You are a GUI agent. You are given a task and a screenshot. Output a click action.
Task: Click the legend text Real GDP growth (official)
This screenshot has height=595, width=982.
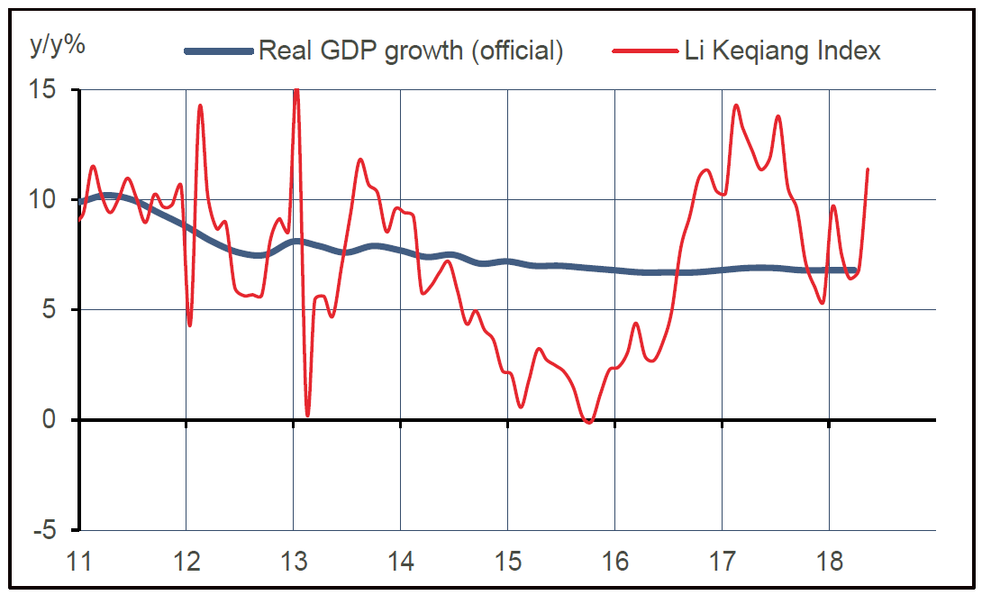tap(411, 50)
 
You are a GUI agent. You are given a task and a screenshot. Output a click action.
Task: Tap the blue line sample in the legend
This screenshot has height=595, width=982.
tap(219, 51)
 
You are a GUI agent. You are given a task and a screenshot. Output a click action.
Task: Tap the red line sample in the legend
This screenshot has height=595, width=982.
tap(641, 51)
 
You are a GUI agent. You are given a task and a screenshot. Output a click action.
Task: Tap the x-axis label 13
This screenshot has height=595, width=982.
tap(294, 563)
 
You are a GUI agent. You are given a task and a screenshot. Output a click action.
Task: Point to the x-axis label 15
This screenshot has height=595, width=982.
tap(508, 563)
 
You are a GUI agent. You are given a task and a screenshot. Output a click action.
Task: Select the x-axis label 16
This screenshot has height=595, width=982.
tap(615, 563)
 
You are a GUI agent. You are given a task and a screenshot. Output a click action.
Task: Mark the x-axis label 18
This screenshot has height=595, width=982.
tap(829, 563)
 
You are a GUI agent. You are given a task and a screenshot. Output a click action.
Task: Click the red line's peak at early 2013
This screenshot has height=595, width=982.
tap(296, 89)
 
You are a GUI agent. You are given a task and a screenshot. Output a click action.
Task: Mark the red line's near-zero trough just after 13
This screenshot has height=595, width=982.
tap(308, 416)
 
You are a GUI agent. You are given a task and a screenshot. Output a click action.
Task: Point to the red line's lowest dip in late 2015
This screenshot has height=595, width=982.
tap(589, 422)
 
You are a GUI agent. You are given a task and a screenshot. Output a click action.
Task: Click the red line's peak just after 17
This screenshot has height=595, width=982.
tap(736, 105)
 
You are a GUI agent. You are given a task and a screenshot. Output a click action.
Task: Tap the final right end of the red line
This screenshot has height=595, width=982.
tap(868, 169)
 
